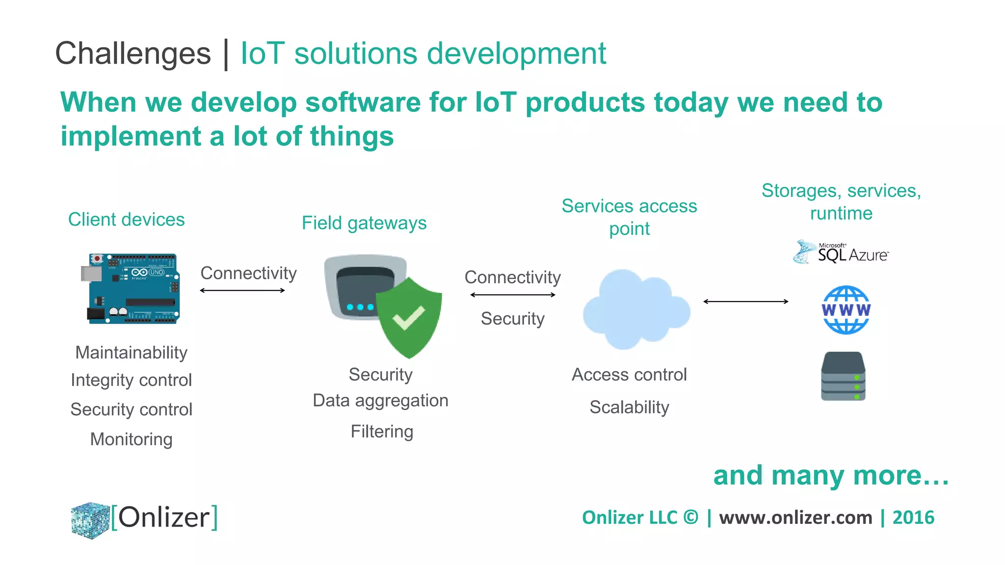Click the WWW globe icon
(x=846, y=310)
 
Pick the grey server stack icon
(x=843, y=376)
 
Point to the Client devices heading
(x=127, y=219)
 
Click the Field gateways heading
(x=364, y=223)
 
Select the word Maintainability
(x=131, y=353)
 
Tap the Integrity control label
(x=131, y=380)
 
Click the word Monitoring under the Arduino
(x=131, y=439)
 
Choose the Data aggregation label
(x=381, y=401)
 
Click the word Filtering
(x=382, y=432)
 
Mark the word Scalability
(x=629, y=407)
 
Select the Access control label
(x=629, y=375)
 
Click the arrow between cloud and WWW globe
(x=745, y=302)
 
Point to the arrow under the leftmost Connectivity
(x=242, y=290)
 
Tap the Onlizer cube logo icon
(x=90, y=520)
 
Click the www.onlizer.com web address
(x=795, y=517)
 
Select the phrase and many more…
(x=831, y=475)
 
